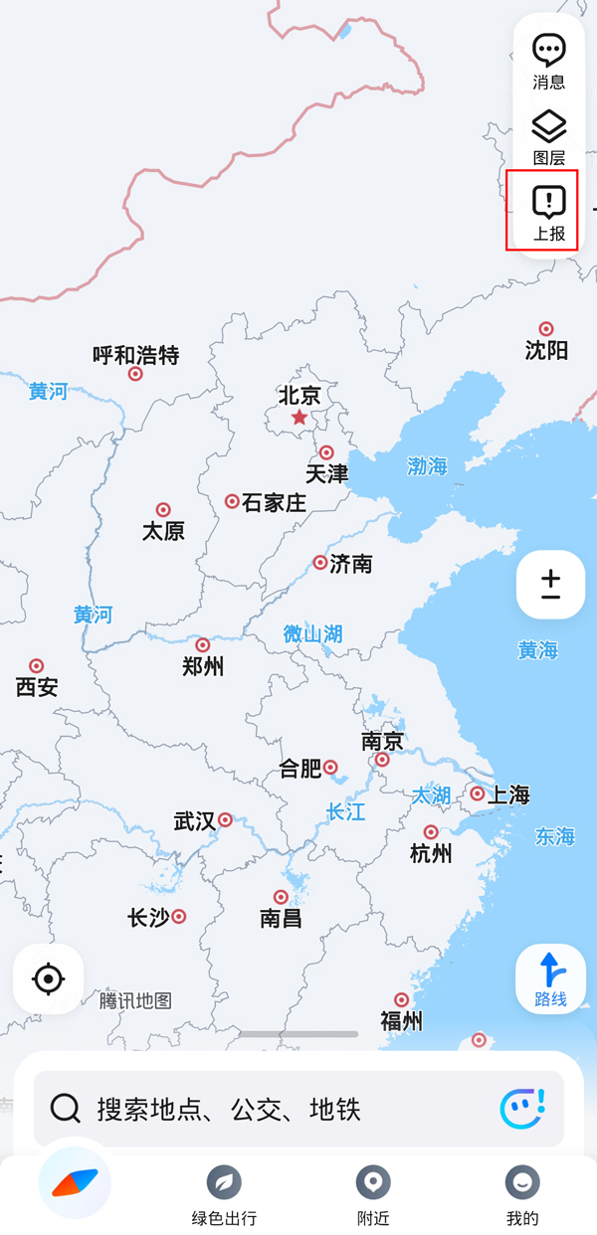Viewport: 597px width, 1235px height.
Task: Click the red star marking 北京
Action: (x=299, y=418)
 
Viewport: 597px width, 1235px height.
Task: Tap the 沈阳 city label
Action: (x=546, y=350)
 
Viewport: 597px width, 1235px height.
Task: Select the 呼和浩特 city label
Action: (x=135, y=355)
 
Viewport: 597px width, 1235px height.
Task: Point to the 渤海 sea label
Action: (x=427, y=465)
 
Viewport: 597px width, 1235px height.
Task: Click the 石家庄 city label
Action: (x=274, y=503)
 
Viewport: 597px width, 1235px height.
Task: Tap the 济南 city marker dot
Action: (x=320, y=563)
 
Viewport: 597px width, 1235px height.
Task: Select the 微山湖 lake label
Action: (x=312, y=633)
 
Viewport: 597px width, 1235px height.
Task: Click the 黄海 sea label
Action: (x=537, y=650)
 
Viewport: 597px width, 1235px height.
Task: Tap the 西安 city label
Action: (x=37, y=687)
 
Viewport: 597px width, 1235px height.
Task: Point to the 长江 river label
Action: (x=345, y=812)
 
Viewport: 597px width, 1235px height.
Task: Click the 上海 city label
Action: (x=508, y=795)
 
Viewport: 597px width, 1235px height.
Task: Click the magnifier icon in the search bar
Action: (x=66, y=1108)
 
